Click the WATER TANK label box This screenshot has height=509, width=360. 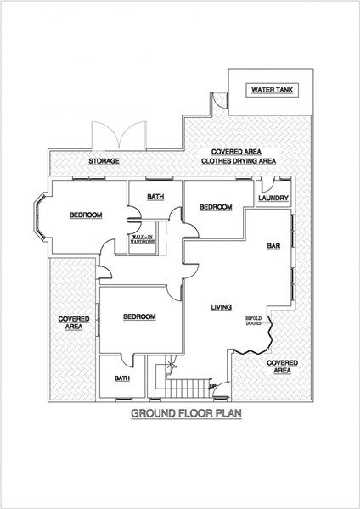pos(272,90)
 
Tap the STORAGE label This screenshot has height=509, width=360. pos(104,161)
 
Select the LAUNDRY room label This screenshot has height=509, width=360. pos(273,198)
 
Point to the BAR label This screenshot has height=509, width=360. pos(273,246)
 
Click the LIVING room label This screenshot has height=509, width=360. pos(222,307)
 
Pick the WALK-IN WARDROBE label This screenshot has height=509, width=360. pos(143,239)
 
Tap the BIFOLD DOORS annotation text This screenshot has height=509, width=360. pos(253,321)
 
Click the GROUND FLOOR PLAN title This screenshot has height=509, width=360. pos(186,414)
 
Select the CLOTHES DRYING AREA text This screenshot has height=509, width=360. pos(239,161)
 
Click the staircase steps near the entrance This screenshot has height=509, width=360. pos(187,388)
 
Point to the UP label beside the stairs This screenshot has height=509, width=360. pos(213,386)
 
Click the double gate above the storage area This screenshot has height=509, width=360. pos(119,135)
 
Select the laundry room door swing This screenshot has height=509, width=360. pos(268,184)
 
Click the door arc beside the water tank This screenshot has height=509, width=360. pos(219,100)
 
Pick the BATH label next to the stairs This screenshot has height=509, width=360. pos(122,378)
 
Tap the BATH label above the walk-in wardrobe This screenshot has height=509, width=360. pos(155,197)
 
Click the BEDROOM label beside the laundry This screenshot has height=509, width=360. pos(216,207)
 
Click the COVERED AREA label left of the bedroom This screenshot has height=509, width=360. pos(74,323)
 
